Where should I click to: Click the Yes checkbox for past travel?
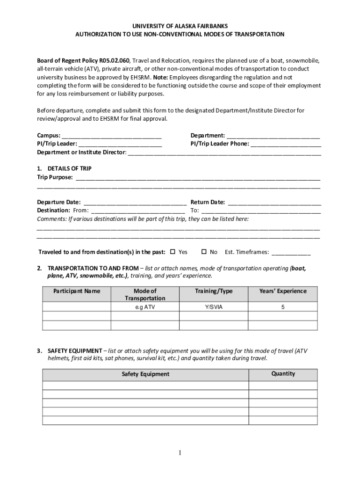pyautogui.click(x=173, y=252)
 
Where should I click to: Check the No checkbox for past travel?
pyautogui.click(x=204, y=252)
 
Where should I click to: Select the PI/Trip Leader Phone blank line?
pyautogui.click(x=286, y=145)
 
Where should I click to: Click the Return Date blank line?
pyautogui.click(x=274, y=203)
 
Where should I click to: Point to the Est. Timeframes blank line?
pyautogui.click(x=291, y=253)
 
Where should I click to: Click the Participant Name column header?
pyautogui.click(x=77, y=291)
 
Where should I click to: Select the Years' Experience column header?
pyautogui.click(x=283, y=291)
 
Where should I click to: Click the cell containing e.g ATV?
pyautogui.click(x=145, y=307)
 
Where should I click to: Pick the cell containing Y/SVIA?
pyautogui.click(x=214, y=307)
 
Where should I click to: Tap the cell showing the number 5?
pyautogui.click(x=283, y=307)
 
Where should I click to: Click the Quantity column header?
pyautogui.click(x=283, y=374)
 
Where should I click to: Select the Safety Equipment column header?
pyautogui.click(x=145, y=374)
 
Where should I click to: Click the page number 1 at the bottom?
pyautogui.click(x=180, y=453)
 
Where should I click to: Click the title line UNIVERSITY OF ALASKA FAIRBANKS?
pyautogui.click(x=180, y=26)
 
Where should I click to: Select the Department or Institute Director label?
pyautogui.click(x=81, y=152)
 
